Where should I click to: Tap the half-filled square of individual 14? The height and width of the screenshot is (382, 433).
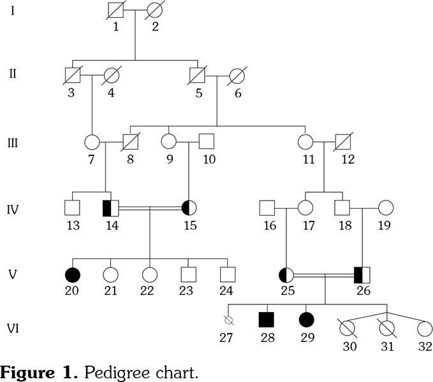coord(111,208)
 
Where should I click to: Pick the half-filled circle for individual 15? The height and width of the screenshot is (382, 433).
coord(189,208)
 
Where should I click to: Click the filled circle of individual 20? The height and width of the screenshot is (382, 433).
coord(73,275)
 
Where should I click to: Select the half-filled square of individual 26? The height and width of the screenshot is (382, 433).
coord(362,275)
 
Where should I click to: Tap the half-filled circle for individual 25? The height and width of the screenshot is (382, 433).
coord(286,275)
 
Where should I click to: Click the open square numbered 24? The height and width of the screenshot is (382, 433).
coord(227,275)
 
